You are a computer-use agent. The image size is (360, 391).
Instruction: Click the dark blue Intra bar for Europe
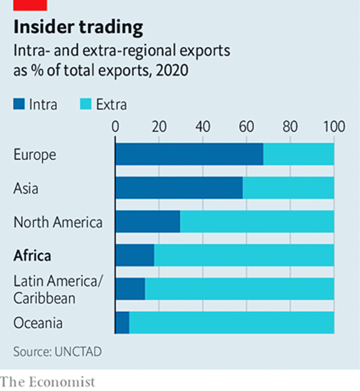(189, 155)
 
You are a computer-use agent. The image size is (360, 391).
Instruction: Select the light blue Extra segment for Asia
(288, 188)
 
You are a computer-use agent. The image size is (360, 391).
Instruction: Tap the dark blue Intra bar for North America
(148, 221)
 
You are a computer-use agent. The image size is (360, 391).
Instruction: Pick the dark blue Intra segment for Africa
(134, 255)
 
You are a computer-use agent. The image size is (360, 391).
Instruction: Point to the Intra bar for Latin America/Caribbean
(130, 289)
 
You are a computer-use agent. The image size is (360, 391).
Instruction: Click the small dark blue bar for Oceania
(122, 323)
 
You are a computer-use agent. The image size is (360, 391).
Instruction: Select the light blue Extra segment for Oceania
(231, 323)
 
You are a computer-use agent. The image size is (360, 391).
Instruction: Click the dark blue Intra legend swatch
(19, 105)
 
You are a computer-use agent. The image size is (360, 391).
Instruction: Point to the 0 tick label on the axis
(115, 127)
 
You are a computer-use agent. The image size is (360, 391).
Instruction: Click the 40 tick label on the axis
(203, 127)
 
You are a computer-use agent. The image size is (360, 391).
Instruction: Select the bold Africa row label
(32, 255)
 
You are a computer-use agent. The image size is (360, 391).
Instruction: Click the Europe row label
(34, 155)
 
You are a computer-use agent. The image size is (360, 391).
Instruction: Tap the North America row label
(58, 222)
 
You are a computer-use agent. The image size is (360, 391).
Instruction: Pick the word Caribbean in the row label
(44, 298)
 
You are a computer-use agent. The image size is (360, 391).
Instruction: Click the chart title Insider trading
(78, 27)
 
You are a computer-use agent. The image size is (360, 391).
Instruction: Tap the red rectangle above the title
(30, 5)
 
